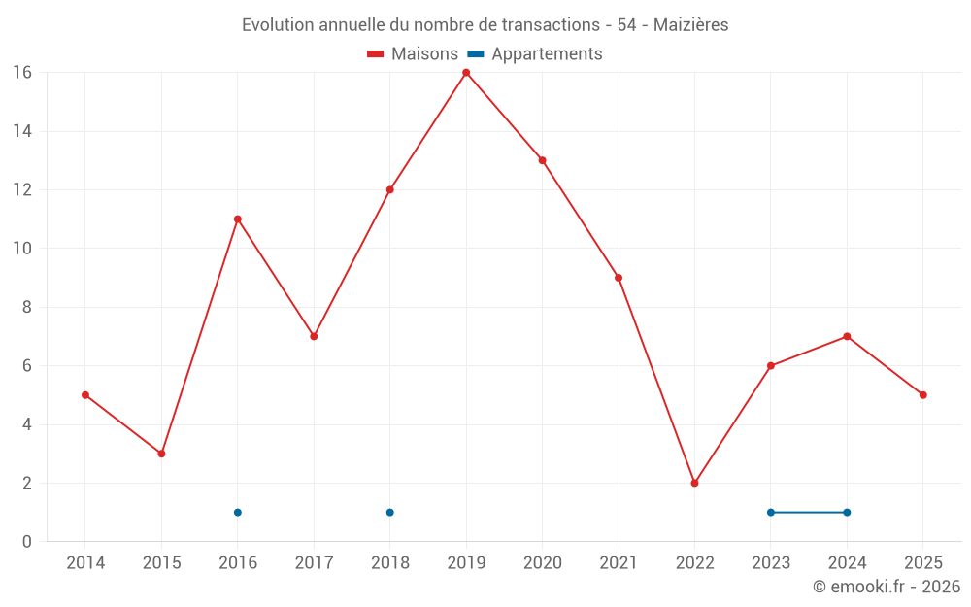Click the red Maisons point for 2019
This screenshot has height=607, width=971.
click(x=466, y=73)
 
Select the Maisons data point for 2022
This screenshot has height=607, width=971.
click(x=694, y=483)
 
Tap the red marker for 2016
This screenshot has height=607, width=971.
click(x=237, y=219)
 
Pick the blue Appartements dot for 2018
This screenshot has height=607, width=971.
click(x=389, y=512)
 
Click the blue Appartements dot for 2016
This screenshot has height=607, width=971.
click(x=237, y=512)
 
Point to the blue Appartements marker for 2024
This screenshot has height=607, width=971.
click(x=847, y=512)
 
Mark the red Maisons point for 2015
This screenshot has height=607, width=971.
click(x=161, y=454)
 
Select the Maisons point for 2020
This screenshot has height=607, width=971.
click(x=542, y=160)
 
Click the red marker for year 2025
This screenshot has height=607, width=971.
click(x=922, y=395)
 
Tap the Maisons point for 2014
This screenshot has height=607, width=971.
click(x=85, y=395)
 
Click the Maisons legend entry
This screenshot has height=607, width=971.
click(x=413, y=54)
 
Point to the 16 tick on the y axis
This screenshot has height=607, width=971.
click(x=22, y=73)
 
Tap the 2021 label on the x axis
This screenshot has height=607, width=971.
click(x=619, y=563)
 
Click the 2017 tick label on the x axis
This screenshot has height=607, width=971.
click(x=314, y=563)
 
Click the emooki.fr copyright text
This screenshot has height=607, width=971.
click(x=886, y=587)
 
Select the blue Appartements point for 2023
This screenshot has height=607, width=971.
click(x=770, y=512)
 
